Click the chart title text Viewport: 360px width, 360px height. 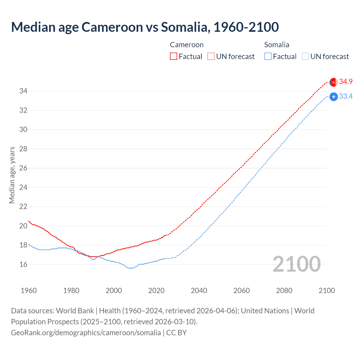coord(145,27)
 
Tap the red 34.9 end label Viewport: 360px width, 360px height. coord(346,82)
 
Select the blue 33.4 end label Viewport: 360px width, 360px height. coord(346,96)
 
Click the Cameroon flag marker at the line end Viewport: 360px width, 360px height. coord(334,82)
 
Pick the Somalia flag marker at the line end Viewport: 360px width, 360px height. coord(334,97)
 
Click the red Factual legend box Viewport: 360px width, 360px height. coord(174,56)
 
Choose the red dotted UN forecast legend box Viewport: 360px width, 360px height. coord(211,56)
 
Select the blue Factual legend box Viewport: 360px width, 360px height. coord(268,56)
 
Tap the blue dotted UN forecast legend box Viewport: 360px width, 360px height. coord(305,56)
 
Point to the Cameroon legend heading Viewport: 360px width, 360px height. coord(187,45)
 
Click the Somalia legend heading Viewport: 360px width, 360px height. coord(277,45)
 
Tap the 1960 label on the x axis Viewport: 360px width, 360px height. coord(29,291)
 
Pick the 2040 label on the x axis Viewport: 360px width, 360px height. coord(199,291)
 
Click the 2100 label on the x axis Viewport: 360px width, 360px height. coord(327,291)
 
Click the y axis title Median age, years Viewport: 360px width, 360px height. coord(12,175)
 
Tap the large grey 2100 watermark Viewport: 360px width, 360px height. coord(296,264)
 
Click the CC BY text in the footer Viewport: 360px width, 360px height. coord(176,333)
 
